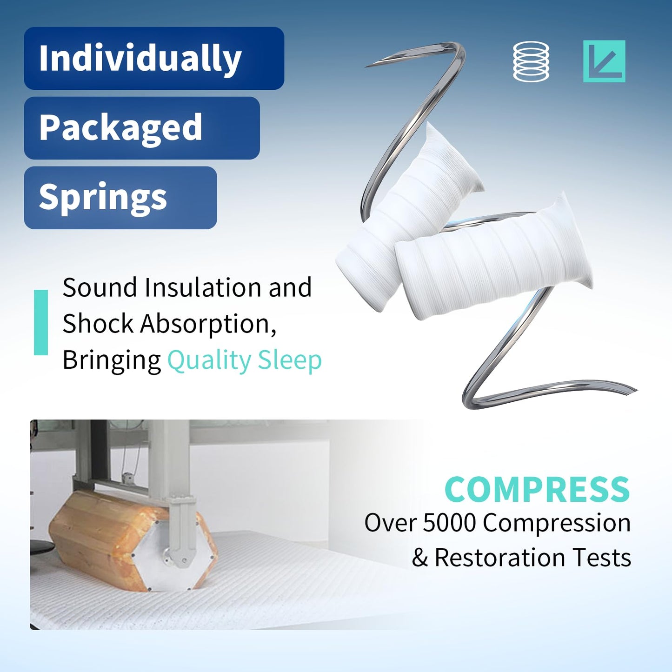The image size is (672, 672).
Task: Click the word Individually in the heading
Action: (140, 59)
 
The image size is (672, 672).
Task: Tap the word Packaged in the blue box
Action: (120, 127)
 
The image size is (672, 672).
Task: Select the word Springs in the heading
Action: (103, 197)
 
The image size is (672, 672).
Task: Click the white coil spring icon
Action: (531, 61)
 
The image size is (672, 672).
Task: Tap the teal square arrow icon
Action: (604, 61)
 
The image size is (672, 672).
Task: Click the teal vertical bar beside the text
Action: (41, 322)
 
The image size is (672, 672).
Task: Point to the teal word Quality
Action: (209, 360)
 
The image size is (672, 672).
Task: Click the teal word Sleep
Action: (290, 360)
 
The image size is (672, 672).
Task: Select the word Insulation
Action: (203, 287)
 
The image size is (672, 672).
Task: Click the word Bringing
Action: (112, 360)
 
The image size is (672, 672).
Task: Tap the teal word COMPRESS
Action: (537, 489)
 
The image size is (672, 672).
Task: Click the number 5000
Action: (449, 523)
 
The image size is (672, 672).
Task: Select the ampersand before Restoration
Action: (419, 558)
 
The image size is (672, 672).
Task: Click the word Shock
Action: (98, 324)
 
